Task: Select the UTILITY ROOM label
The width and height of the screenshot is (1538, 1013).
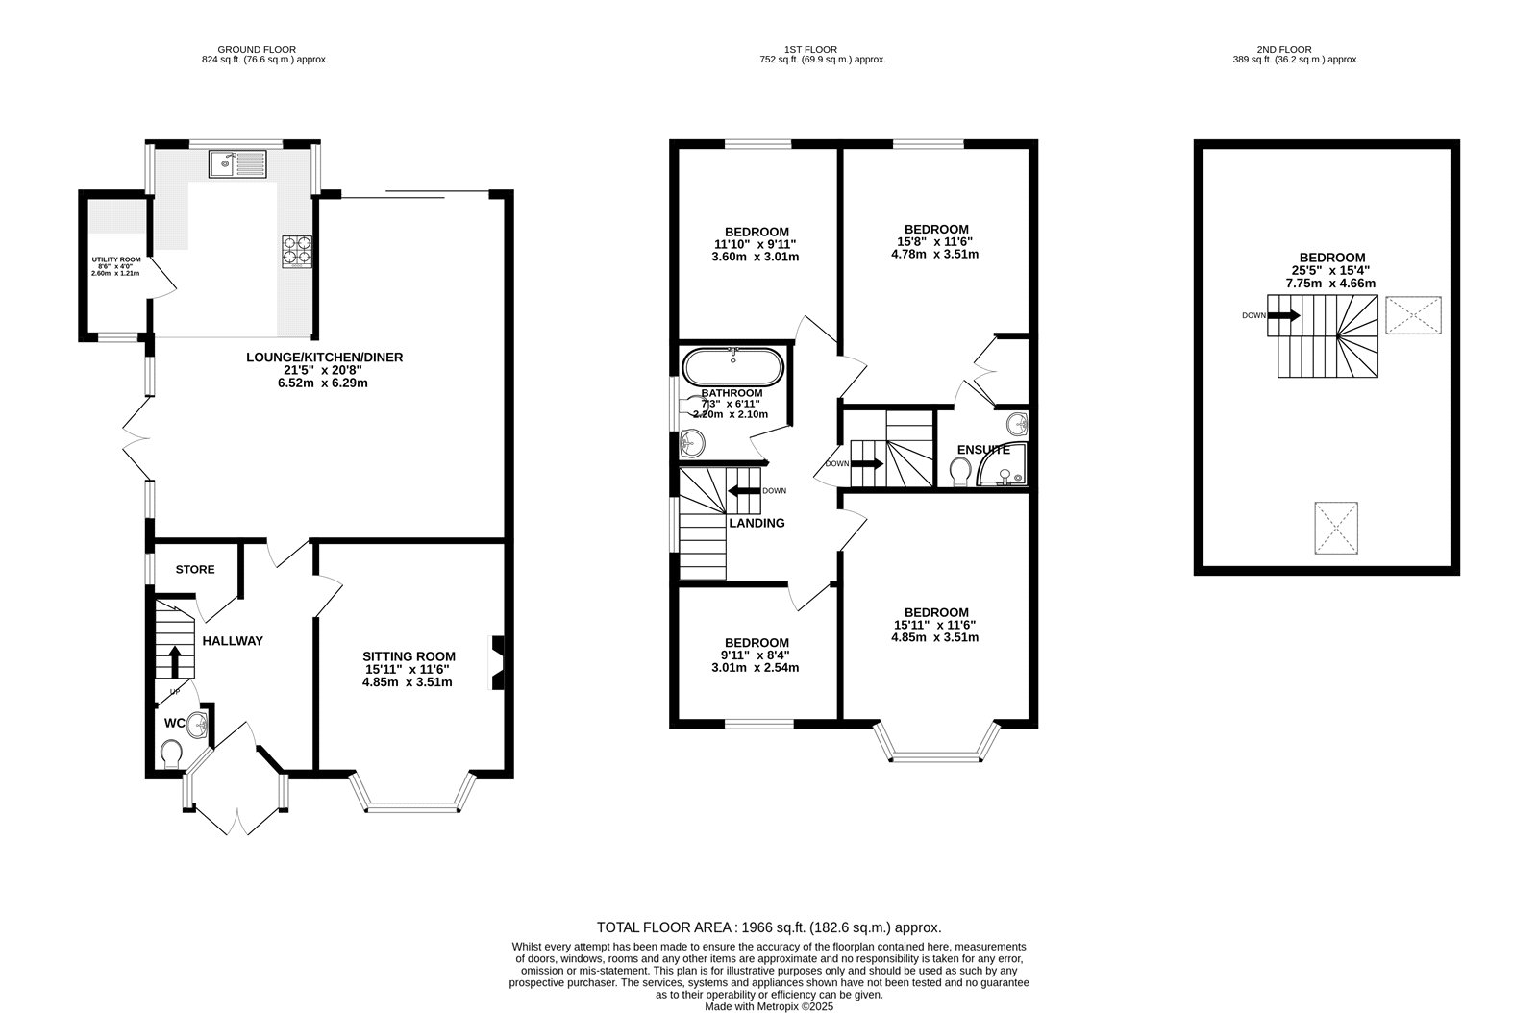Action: tap(115, 259)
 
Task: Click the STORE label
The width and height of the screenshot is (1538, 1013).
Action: tap(195, 569)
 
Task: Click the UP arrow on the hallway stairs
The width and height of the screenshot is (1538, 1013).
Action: tap(175, 662)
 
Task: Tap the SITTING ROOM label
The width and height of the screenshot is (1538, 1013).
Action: tap(409, 656)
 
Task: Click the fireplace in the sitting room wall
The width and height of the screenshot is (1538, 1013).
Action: tap(497, 662)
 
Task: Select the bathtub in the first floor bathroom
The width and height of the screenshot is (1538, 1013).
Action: tap(733, 366)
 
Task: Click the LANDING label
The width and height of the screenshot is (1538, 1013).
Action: tap(757, 523)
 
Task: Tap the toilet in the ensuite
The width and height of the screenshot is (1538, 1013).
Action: tap(959, 471)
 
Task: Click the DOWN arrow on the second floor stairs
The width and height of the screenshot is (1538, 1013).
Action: tap(1284, 314)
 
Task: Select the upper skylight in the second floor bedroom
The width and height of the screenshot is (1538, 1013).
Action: tap(1414, 314)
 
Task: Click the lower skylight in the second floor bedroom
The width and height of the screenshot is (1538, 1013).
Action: tap(1336, 527)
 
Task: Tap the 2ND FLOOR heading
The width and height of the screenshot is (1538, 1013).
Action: tap(1283, 49)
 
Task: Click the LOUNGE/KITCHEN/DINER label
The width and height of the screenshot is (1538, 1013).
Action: tap(324, 358)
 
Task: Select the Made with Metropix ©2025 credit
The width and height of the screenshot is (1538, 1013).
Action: tap(769, 1006)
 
